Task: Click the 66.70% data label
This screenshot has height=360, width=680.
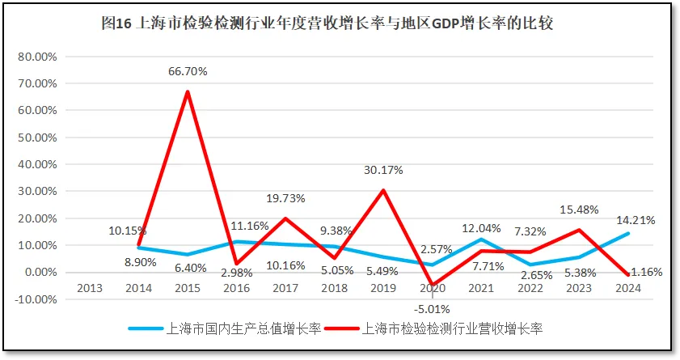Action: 188,71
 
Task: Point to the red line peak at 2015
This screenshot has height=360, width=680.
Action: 188,91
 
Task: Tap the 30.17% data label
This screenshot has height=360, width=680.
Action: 382,171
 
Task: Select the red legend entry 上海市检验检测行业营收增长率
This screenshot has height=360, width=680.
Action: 449,328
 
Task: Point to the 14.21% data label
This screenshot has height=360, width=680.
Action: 635,220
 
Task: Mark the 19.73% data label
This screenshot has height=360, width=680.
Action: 285,199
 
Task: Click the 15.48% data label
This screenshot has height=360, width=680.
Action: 578,210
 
